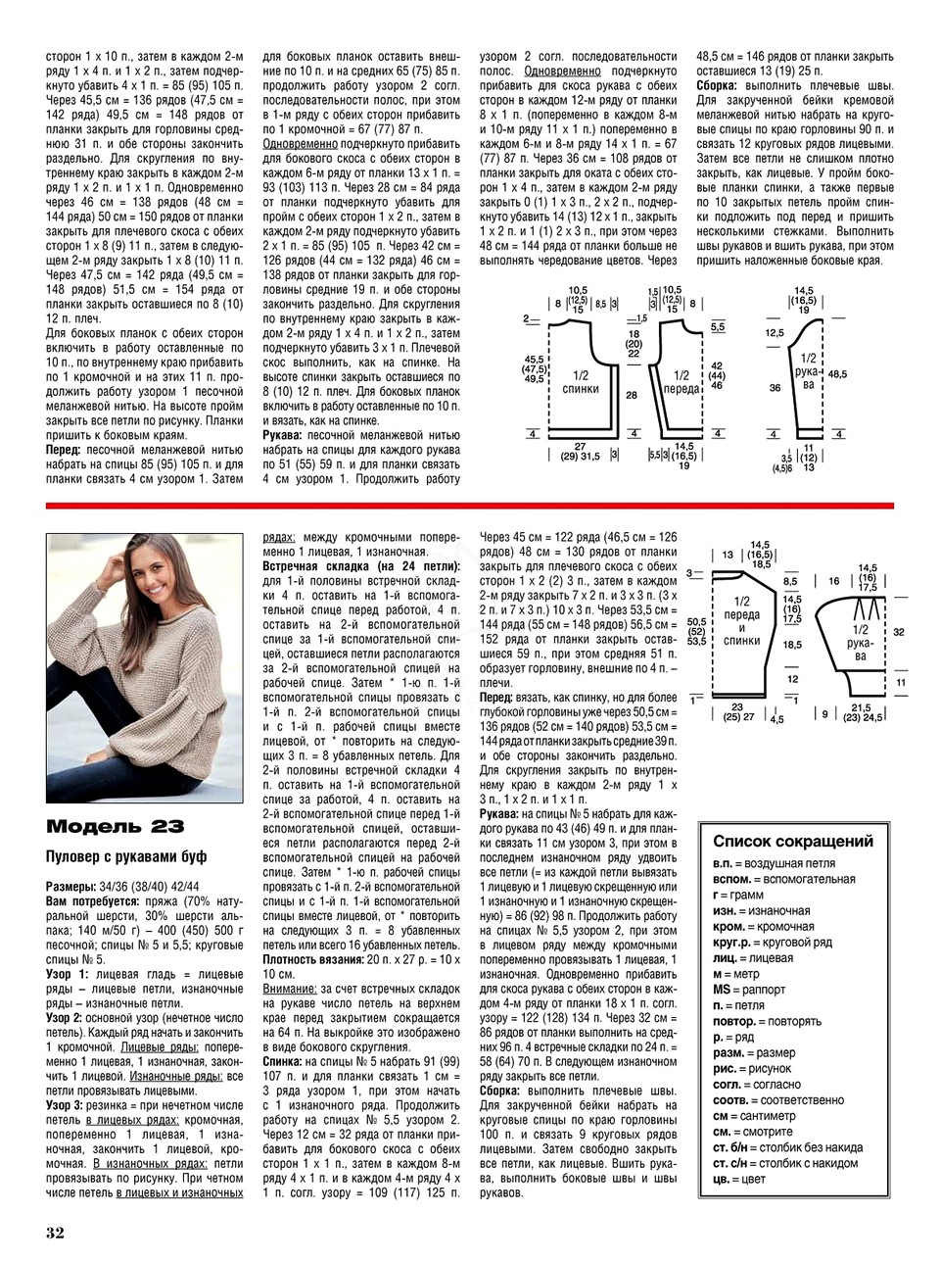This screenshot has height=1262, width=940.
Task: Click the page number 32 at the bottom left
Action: pos(55,1232)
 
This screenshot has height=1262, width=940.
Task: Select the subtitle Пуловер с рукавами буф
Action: pos(126,857)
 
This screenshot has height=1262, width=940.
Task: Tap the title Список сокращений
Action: pos(792,841)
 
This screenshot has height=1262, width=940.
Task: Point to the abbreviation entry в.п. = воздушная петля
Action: pos(774,864)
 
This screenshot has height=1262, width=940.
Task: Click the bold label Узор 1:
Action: pos(68,975)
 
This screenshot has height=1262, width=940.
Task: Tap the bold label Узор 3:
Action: pos(68,1105)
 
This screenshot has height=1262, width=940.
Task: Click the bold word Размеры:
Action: pos(70,886)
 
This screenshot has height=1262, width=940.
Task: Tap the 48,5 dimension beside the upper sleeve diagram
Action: pos(838,373)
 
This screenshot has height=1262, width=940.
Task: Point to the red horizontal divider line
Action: pos(470,505)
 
